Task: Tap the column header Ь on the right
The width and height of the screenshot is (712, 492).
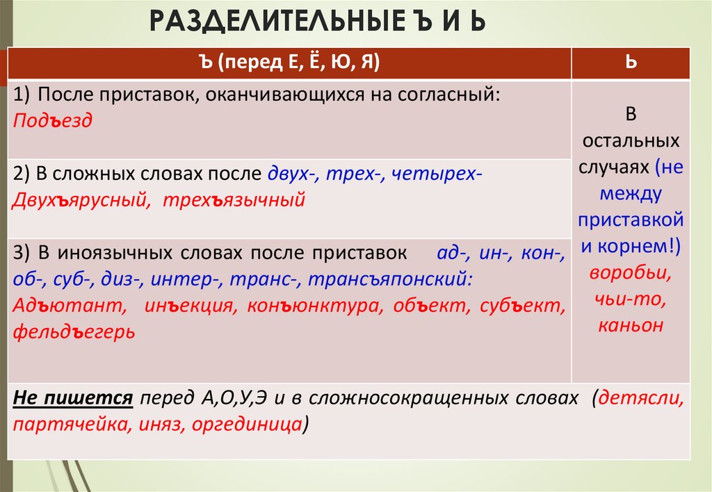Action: coord(631,63)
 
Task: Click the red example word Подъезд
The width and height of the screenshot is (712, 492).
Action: coord(53,120)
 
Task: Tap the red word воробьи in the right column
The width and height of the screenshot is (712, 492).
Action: coord(631,273)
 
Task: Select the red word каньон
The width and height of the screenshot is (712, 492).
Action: coord(631,325)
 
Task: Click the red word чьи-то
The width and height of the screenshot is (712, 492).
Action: coord(631,299)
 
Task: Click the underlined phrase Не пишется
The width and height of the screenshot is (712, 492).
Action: coord(73,399)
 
